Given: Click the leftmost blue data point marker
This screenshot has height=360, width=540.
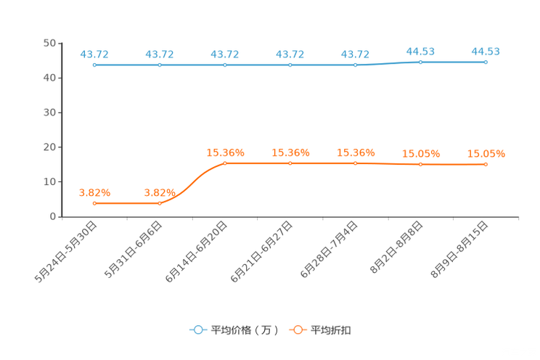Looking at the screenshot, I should [x=94, y=65].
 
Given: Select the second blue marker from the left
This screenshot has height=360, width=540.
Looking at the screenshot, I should [x=160, y=65].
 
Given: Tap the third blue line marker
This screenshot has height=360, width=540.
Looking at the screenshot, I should [x=225, y=65].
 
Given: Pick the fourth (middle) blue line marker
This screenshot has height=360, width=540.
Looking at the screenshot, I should [x=290, y=65].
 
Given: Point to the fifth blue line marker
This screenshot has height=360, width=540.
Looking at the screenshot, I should [x=356, y=65].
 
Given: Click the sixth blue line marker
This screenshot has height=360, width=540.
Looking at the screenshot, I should [x=421, y=62].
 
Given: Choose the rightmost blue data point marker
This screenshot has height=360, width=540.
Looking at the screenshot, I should [x=486, y=62].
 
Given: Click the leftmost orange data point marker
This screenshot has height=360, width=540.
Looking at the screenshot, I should [x=94, y=203].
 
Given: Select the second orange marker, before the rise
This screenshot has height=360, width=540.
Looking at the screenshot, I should [x=160, y=203].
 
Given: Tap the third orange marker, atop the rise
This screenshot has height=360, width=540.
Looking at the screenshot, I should [x=225, y=163].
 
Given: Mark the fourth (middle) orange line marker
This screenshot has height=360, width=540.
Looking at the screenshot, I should [x=290, y=163].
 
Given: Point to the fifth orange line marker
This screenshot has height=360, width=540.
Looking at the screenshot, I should [x=356, y=163].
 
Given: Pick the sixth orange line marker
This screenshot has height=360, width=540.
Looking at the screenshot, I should [x=421, y=165].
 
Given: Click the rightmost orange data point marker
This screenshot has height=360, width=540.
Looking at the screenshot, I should [x=486, y=165].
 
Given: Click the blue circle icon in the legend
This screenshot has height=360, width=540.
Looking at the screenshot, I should [x=197, y=330].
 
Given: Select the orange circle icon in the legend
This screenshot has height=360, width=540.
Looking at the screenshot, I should [x=298, y=330].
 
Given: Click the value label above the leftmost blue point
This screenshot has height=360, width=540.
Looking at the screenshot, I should [x=94, y=54].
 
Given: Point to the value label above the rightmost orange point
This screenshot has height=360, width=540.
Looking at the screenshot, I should [x=486, y=153].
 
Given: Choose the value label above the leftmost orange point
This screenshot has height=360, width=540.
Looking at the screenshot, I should [x=94, y=192].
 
